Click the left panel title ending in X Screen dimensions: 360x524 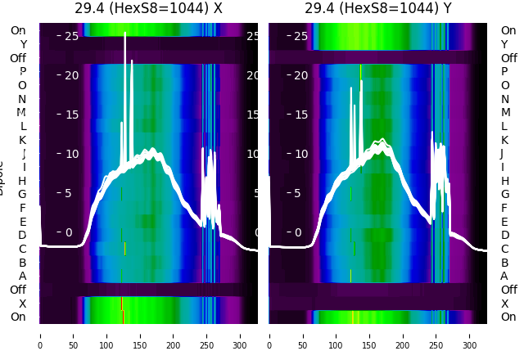148,8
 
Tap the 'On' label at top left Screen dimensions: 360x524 18,30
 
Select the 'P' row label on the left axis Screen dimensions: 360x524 22,72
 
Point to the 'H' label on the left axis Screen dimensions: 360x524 22,181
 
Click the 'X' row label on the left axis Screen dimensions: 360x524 22,304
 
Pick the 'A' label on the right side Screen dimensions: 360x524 504,276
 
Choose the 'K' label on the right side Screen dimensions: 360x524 504,140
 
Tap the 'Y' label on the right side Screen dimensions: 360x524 504,44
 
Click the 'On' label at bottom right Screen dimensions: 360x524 508,317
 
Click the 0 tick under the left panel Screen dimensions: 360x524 39,335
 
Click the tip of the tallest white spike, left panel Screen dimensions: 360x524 125,33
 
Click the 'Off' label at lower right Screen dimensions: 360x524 508,290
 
